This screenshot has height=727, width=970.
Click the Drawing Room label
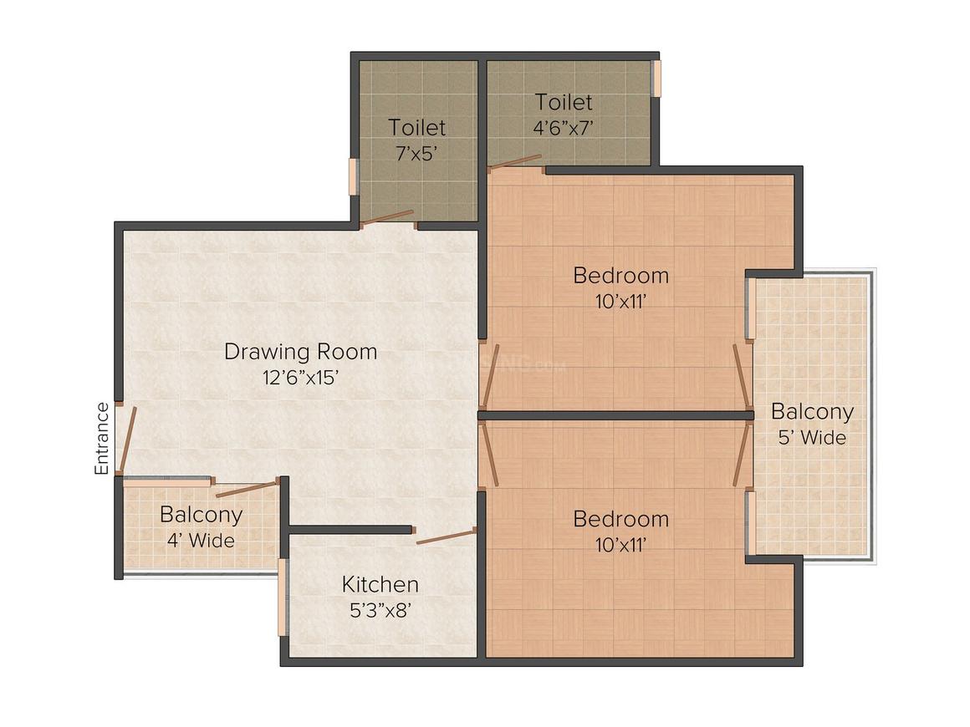(301, 351)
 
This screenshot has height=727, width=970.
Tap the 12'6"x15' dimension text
(301, 377)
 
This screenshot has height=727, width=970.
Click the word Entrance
(101, 439)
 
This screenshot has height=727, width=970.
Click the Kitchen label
(380, 584)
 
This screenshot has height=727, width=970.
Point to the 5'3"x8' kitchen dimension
(380, 611)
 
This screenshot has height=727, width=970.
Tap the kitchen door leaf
(446, 536)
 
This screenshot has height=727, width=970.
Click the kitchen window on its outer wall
(283, 597)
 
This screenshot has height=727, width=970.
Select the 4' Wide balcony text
(201, 541)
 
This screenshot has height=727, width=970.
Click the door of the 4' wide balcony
(247, 488)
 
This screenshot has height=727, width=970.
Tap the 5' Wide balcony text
(812, 438)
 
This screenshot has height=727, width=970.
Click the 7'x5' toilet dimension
(417, 153)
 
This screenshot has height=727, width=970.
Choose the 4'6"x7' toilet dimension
(564, 127)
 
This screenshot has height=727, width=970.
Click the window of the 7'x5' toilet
(353, 177)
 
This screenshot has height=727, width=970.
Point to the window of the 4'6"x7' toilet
(656, 78)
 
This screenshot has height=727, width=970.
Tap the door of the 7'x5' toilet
(387, 216)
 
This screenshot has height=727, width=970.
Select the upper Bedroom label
(621, 275)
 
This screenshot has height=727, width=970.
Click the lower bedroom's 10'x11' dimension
(621, 545)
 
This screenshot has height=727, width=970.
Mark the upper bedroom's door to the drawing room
(488, 377)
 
